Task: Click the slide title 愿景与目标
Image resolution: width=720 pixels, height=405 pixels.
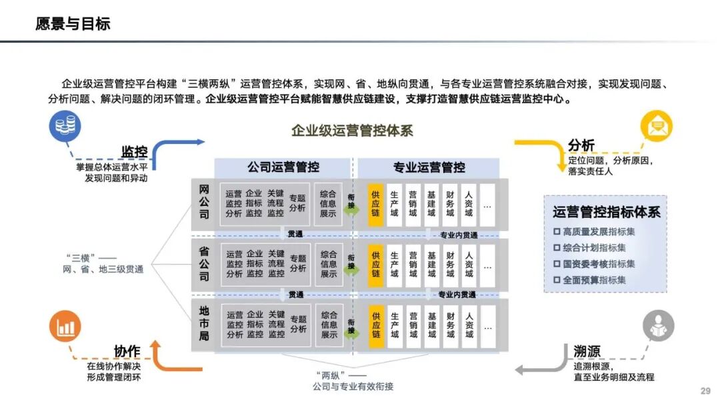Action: (73, 25)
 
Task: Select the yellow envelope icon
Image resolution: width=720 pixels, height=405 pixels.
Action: (656, 127)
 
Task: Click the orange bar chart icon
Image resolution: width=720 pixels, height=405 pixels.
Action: (65, 327)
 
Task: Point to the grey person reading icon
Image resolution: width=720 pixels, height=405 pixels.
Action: (658, 327)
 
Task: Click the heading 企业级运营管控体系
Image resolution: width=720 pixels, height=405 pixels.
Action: (352, 131)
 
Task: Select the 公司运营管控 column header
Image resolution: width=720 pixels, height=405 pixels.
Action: (283, 167)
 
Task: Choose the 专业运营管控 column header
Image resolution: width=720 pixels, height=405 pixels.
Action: (429, 167)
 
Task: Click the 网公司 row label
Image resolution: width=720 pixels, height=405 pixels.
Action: (204, 202)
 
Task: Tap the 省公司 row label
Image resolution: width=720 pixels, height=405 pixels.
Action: (204, 264)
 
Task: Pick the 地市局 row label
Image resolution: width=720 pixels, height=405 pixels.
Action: (204, 324)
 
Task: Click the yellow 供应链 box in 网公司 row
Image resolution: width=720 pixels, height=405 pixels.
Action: (376, 204)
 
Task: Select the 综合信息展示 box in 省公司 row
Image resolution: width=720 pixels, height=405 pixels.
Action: (329, 264)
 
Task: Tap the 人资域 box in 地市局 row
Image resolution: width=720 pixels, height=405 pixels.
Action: (469, 325)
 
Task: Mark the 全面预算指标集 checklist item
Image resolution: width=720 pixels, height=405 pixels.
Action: (593, 280)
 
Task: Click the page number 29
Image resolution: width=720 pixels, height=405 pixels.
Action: (705, 391)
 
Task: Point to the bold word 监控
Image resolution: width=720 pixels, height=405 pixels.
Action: (134, 151)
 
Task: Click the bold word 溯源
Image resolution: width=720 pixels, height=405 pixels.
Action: (587, 352)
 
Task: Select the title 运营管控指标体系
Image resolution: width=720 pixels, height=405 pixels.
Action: (606, 212)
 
